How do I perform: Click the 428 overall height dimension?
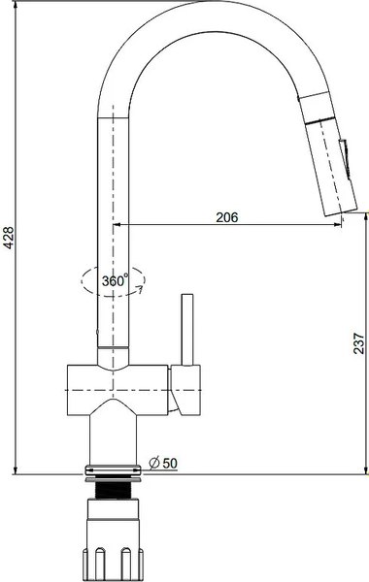(9, 238)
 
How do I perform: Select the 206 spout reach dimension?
(226, 218)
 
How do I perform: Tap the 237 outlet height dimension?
(358, 342)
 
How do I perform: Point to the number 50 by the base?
(169, 464)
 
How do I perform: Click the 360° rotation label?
(115, 280)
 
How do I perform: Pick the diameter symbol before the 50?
(154, 464)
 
